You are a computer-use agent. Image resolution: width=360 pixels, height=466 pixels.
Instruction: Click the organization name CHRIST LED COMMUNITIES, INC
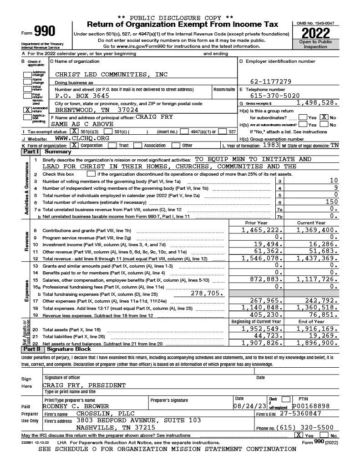click(x=111, y=74)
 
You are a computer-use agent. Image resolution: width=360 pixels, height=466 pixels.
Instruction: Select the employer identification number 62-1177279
click(x=271, y=82)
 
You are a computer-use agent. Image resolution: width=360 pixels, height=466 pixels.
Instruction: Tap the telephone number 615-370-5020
click(x=275, y=96)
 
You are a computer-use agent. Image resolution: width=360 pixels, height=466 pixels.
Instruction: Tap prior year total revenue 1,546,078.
click(x=262, y=258)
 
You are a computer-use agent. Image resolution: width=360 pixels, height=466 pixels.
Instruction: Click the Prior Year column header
click(x=256, y=223)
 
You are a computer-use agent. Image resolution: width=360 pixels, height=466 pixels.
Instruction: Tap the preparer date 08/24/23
click(x=249, y=406)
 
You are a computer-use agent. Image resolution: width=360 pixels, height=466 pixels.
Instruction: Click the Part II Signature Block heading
click(x=67, y=349)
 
